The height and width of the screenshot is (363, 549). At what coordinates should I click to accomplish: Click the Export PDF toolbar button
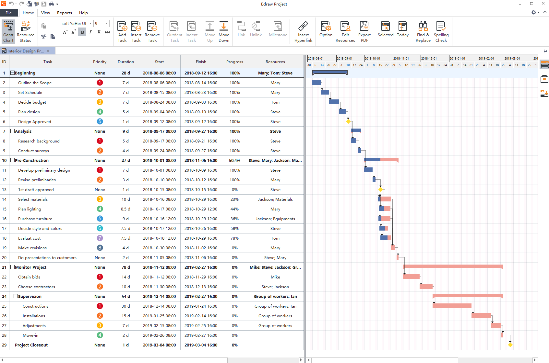tap(364, 32)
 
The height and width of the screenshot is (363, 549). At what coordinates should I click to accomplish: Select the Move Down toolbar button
tap(224, 32)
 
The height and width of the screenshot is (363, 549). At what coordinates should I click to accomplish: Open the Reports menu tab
tap(65, 13)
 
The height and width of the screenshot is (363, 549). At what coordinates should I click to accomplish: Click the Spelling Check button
tap(441, 32)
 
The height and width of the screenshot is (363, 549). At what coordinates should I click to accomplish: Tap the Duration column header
tap(126, 62)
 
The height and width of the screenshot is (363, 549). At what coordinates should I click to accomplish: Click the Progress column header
tap(234, 62)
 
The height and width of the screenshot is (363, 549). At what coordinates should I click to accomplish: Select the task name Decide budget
tap(32, 102)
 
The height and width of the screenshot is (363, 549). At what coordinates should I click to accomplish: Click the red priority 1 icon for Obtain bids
tap(100, 277)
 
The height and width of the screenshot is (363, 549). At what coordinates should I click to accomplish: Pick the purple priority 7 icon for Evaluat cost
tap(100, 238)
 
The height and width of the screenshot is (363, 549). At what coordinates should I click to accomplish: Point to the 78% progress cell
tap(234, 238)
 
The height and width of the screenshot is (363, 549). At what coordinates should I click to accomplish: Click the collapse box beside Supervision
tap(16, 296)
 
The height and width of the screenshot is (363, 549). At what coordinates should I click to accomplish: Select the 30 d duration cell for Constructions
tap(126, 306)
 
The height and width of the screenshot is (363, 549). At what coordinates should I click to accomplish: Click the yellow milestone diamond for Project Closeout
tap(510, 345)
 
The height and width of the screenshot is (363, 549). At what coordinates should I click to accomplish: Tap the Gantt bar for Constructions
tap(452, 306)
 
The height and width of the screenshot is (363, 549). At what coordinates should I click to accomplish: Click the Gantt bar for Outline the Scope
tap(316, 82)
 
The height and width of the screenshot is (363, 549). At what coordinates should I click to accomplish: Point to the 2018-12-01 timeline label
tap(429, 59)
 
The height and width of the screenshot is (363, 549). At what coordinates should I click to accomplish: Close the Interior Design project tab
tap(48, 51)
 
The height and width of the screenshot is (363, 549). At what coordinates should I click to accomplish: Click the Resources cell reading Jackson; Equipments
tap(275, 219)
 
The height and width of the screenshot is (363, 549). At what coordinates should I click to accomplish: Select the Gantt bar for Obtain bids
tap(411, 277)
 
